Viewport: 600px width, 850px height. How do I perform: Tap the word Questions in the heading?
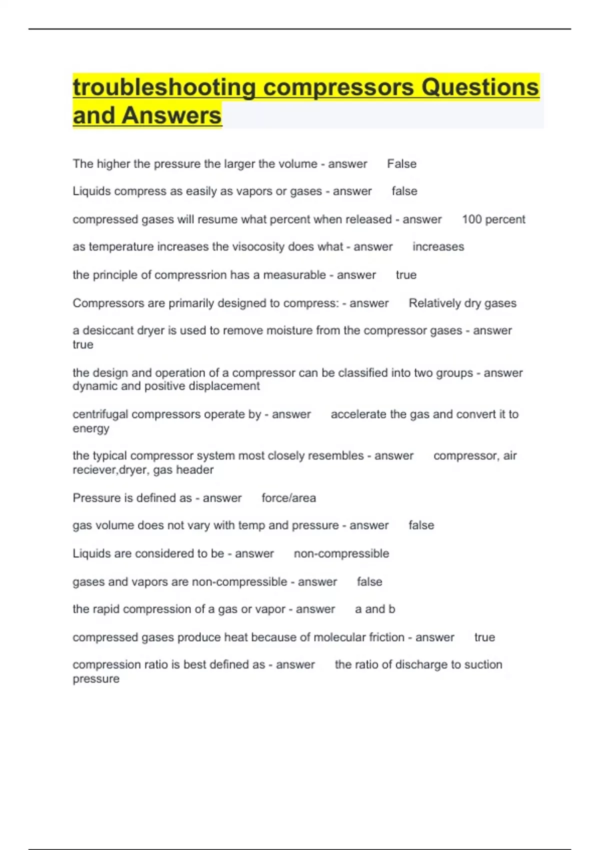tap(480, 87)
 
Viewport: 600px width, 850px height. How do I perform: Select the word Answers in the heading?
tap(171, 115)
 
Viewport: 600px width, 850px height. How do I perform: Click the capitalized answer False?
tap(401, 164)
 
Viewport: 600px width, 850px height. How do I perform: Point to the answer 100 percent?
tap(493, 219)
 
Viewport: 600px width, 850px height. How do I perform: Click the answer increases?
tap(438, 247)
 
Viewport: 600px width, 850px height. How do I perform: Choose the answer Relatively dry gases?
tap(462, 303)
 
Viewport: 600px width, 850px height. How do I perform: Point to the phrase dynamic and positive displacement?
tap(166, 386)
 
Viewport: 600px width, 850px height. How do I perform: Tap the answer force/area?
tap(288, 498)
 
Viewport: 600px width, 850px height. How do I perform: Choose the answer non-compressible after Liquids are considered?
tap(341, 553)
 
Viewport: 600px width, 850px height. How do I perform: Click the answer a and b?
tap(375, 609)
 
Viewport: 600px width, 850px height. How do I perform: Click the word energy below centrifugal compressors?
tap(90, 429)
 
